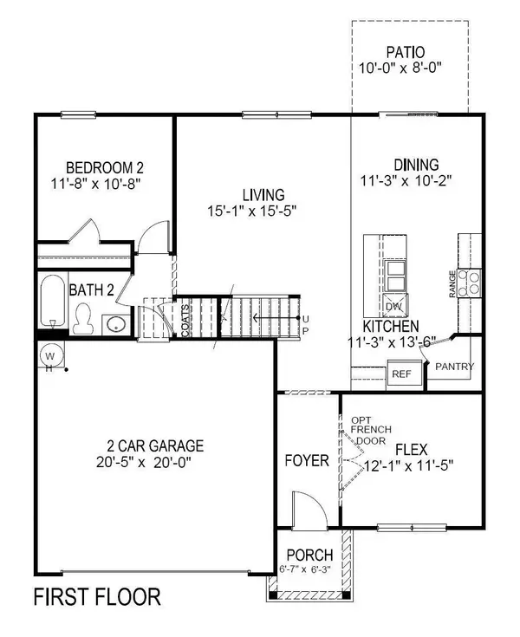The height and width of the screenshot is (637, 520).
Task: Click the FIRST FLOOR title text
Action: (96, 597)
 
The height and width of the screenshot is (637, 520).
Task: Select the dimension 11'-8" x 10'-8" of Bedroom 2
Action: (96, 184)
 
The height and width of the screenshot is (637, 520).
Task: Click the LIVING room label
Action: (263, 195)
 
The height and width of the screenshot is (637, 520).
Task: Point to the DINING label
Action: (416, 165)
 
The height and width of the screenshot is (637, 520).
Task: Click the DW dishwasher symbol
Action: (394, 306)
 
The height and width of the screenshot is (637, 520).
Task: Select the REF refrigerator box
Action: (400, 374)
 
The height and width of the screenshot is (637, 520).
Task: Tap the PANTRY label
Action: (454, 367)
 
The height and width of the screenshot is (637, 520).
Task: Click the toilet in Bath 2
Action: (84, 322)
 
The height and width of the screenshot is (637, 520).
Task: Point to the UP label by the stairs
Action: (304, 325)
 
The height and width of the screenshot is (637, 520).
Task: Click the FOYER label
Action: (307, 460)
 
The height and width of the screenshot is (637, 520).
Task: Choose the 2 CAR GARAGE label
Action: (150, 446)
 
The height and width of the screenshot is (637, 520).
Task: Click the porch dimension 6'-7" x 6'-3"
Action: (309, 567)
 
